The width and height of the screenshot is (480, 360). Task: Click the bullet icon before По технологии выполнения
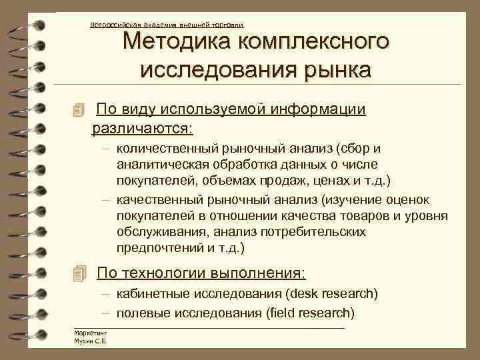[x=80, y=273]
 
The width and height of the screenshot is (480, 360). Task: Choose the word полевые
[x=137, y=312]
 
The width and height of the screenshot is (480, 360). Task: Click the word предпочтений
[x=151, y=248]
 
